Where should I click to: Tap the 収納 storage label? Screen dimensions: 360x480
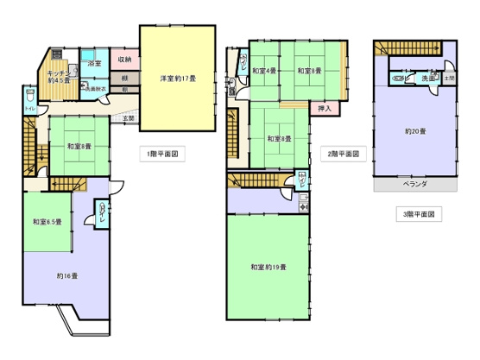pyautogui.click(x=124, y=60)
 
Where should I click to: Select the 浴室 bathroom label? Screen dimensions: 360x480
pyautogui.click(x=93, y=63)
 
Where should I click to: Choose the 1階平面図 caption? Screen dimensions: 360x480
pyautogui.click(x=162, y=155)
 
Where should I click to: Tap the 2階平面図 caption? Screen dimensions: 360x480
pyautogui.click(x=344, y=155)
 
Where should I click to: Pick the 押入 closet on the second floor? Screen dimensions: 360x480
pyautogui.click(x=324, y=110)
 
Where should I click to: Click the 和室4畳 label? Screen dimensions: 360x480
pyautogui.click(x=264, y=71)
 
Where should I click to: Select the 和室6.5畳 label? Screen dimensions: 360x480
pyautogui.click(x=47, y=223)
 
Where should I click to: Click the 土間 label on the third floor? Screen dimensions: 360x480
pyautogui.click(x=449, y=79)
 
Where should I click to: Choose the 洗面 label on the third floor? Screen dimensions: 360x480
pyautogui.click(x=427, y=79)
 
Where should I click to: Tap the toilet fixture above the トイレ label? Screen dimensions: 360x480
pyautogui.click(x=30, y=93)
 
